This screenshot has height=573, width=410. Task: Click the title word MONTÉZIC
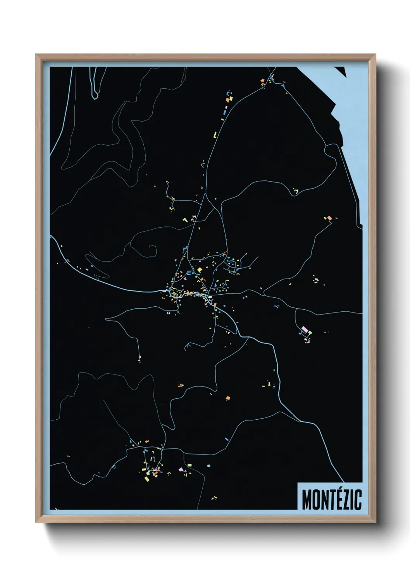(x=331, y=499)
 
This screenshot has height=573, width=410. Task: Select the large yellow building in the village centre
(x=200, y=269)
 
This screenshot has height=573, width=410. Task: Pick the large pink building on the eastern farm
(x=304, y=329)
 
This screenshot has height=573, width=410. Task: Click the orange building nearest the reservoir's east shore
(x=329, y=218)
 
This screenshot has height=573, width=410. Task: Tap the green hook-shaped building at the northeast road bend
(x=296, y=190)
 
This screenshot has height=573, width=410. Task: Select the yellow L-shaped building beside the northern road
(x=215, y=135)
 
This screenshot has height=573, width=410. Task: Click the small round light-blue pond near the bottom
(x=209, y=465)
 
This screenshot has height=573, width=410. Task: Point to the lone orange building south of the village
(x=228, y=398)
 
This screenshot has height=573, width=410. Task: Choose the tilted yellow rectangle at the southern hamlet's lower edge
(x=146, y=479)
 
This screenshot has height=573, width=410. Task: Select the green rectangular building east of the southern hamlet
(x=190, y=464)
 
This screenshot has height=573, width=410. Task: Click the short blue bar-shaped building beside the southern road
(x=227, y=439)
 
